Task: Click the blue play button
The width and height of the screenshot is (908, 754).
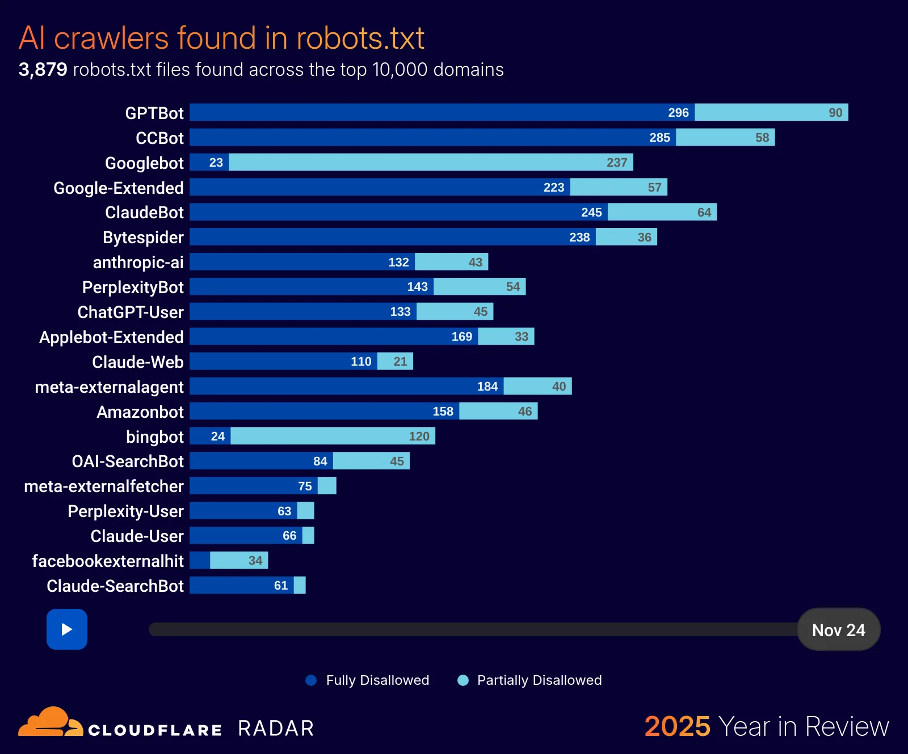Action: (67, 629)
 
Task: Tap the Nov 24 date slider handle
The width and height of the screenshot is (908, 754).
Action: (838, 630)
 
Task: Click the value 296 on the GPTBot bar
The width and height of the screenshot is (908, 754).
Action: (678, 113)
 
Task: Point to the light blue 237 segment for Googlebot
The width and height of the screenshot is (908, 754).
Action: (431, 162)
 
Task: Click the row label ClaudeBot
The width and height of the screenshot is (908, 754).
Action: (144, 213)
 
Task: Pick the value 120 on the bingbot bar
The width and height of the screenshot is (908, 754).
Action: (419, 437)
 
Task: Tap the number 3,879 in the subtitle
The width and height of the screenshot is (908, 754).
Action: (43, 70)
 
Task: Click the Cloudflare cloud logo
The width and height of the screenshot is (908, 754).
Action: (50, 722)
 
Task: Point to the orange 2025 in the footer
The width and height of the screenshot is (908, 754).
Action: (677, 727)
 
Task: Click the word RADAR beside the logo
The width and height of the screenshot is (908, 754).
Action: (276, 728)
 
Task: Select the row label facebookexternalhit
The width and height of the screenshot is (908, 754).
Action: (108, 561)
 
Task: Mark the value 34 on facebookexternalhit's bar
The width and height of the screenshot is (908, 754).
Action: (255, 561)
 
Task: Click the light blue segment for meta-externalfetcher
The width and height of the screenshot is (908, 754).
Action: (327, 486)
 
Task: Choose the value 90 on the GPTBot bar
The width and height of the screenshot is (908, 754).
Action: (835, 113)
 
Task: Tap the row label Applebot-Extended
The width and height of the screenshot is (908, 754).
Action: (111, 337)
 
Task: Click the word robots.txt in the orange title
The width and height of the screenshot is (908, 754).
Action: (360, 39)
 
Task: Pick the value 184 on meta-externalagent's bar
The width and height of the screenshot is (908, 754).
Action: (487, 387)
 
